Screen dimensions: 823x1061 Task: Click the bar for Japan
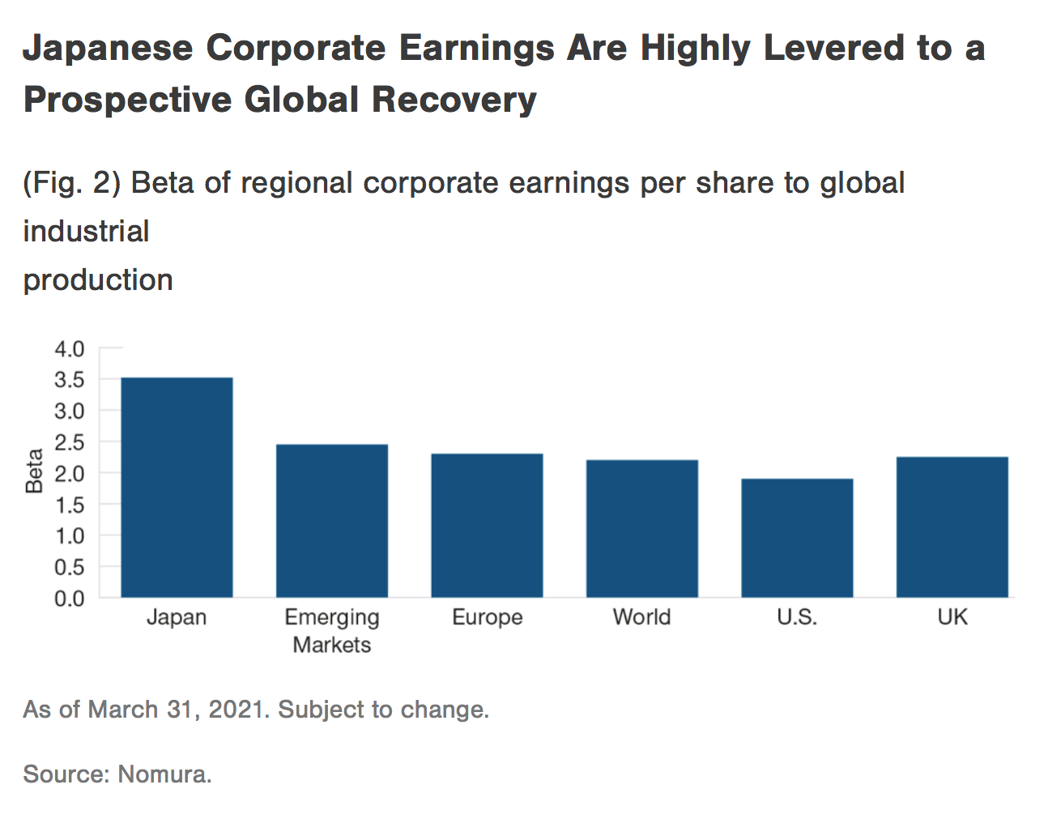click(177, 487)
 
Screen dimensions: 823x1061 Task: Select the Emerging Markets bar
click(332, 521)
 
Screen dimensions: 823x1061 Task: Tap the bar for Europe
click(487, 525)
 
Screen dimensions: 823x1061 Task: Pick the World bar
click(642, 528)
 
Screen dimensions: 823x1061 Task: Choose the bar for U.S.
click(797, 538)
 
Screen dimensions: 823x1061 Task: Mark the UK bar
click(952, 527)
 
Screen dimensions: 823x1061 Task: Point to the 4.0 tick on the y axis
click(69, 349)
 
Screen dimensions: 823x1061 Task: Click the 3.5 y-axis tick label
click(69, 380)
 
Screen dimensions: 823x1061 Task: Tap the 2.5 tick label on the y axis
click(69, 442)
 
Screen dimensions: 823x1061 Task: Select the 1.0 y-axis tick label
click(69, 536)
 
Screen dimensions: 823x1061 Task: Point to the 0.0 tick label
click(69, 599)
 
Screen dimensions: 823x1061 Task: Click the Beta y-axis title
click(34, 471)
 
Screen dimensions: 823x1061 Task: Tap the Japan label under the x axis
click(177, 617)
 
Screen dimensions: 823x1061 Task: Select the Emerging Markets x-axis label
click(332, 631)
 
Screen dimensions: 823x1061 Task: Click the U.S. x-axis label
click(797, 617)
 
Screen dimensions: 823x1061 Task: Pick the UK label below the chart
click(952, 617)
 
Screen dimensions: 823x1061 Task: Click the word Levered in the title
click(834, 48)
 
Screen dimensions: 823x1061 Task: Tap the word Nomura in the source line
click(164, 774)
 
